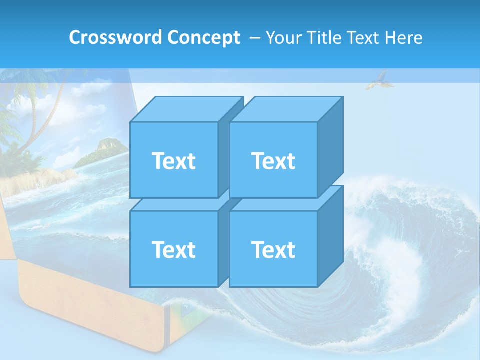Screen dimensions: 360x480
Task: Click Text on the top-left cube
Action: tap(173, 161)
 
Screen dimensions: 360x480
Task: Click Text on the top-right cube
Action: tap(273, 161)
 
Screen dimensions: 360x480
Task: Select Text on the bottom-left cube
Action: tap(173, 249)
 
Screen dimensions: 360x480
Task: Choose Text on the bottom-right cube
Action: tap(273, 249)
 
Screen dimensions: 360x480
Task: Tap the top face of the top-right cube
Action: tap(286, 109)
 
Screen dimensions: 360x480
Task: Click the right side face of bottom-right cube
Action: tap(330, 237)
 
